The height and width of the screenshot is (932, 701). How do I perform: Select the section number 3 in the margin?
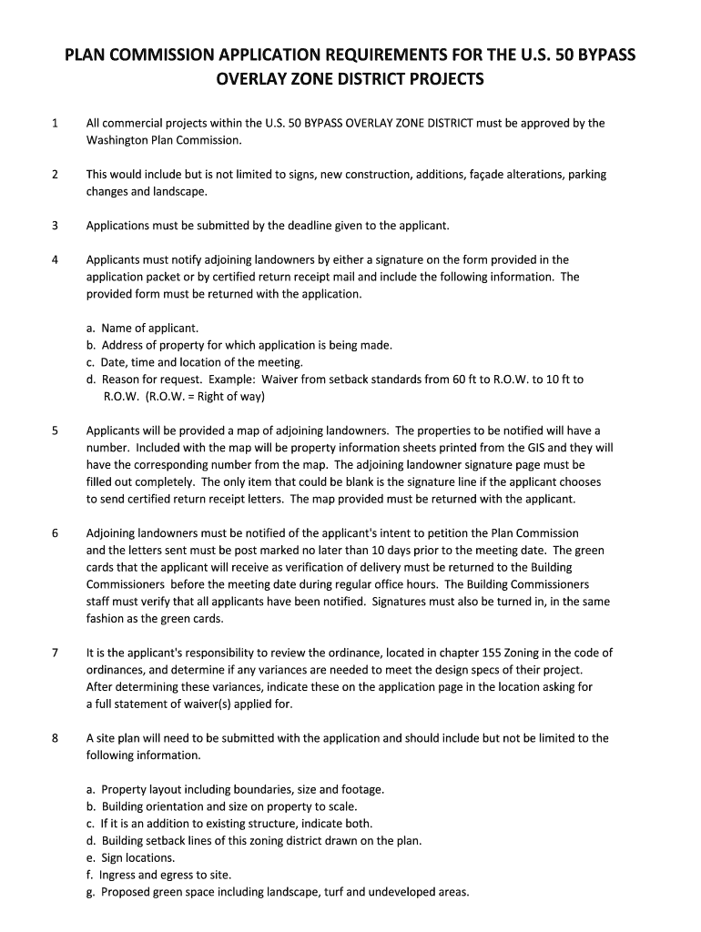tap(56, 225)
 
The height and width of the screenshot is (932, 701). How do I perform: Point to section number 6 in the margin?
tap(56, 532)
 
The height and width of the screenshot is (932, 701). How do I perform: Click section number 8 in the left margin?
tap(56, 738)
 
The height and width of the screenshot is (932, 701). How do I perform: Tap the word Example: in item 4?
tap(233, 380)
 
